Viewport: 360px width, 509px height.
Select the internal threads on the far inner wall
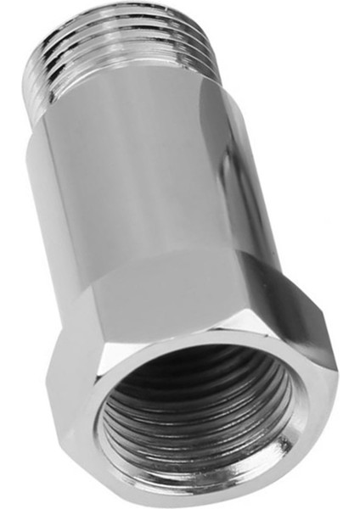(x=204, y=373)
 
